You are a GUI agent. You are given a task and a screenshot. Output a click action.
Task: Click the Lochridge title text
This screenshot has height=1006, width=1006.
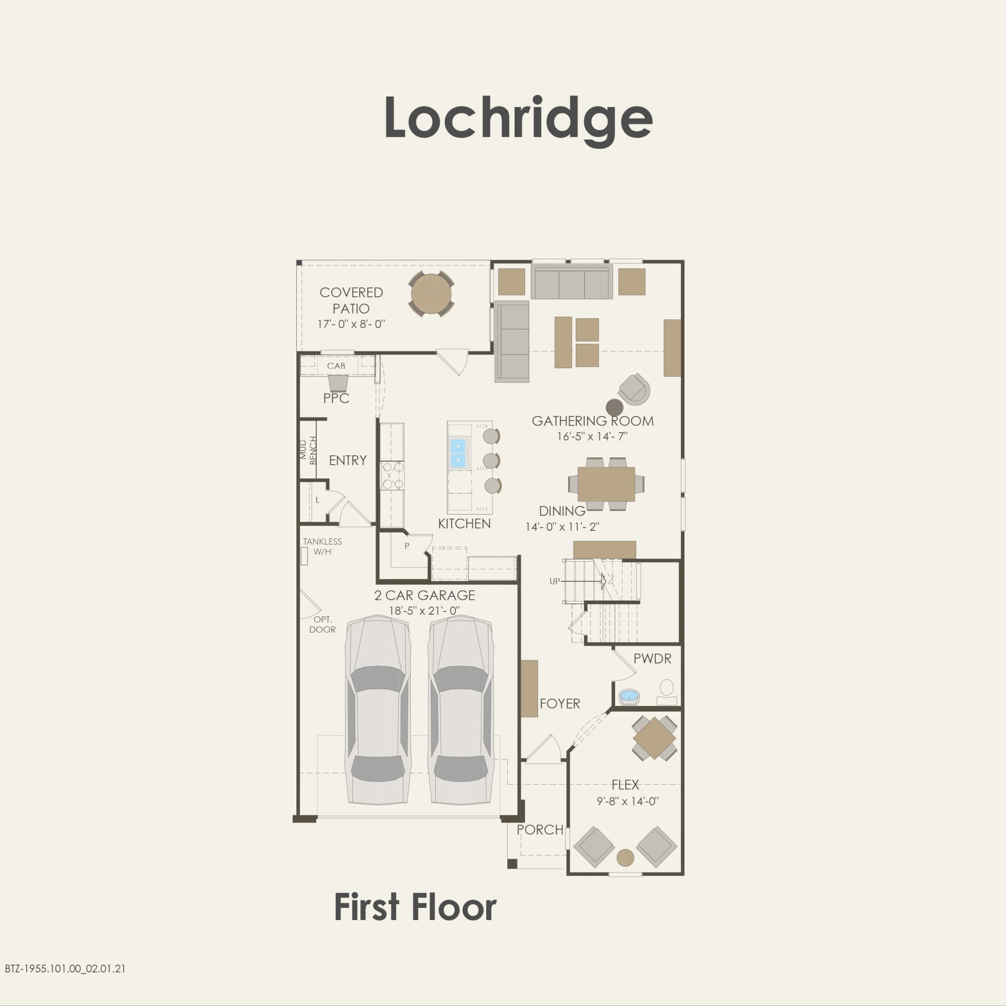pyautogui.click(x=518, y=119)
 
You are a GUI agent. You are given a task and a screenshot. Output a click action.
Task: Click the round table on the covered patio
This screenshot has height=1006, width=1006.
pyautogui.click(x=431, y=294)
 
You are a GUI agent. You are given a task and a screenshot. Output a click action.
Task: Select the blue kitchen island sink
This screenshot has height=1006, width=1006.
pyautogui.click(x=458, y=454)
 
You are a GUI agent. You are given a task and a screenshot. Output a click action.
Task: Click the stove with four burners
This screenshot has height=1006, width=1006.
pyautogui.click(x=392, y=475)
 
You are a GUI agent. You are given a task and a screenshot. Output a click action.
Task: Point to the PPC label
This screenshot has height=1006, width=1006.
pyautogui.click(x=336, y=398)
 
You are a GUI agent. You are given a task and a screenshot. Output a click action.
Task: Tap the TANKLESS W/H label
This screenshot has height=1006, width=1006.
pyautogui.click(x=322, y=546)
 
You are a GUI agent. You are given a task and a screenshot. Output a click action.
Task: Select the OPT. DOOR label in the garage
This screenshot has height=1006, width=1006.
pyautogui.click(x=322, y=624)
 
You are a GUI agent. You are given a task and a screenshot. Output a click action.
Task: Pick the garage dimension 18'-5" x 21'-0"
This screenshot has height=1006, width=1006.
pyautogui.click(x=424, y=611)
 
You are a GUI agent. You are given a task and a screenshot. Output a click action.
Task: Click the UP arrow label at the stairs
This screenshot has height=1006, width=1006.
pyautogui.click(x=554, y=581)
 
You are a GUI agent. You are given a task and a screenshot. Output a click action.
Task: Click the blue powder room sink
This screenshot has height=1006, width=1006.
pyautogui.click(x=628, y=697)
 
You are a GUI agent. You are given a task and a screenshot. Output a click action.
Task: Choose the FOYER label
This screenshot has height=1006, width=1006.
pyautogui.click(x=560, y=703)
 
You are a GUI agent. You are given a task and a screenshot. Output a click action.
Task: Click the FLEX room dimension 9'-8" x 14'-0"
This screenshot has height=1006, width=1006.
pyautogui.click(x=627, y=801)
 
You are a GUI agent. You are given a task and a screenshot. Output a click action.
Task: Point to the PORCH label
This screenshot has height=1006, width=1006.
pyautogui.click(x=540, y=830)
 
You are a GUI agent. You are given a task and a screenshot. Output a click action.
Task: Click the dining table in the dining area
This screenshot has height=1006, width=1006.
pyautogui.click(x=606, y=484)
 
